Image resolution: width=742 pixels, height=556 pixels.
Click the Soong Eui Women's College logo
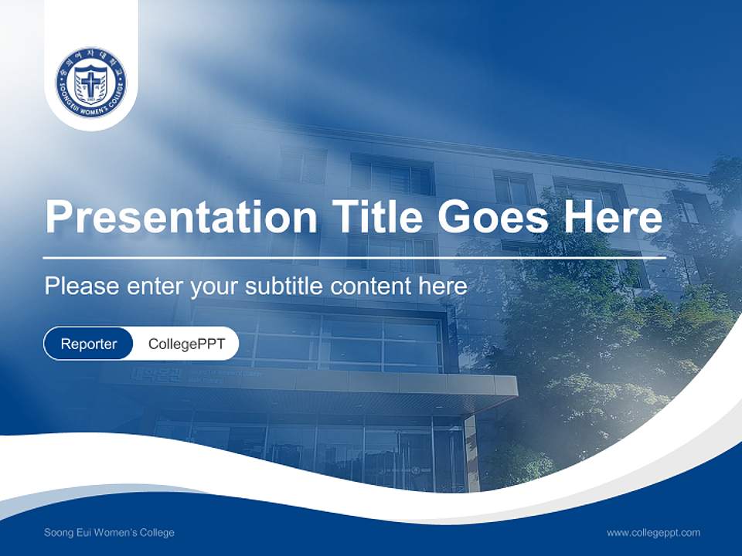point(91,82)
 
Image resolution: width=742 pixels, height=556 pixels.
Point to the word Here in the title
point(612,217)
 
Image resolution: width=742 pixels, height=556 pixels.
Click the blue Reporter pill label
point(89,344)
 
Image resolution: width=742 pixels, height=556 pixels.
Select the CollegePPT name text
point(186,344)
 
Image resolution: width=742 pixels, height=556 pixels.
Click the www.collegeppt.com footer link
point(653,533)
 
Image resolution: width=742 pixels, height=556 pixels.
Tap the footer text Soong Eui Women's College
point(109,533)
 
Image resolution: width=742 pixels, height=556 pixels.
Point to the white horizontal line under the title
point(354,257)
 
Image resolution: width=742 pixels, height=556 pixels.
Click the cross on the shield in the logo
point(91,83)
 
